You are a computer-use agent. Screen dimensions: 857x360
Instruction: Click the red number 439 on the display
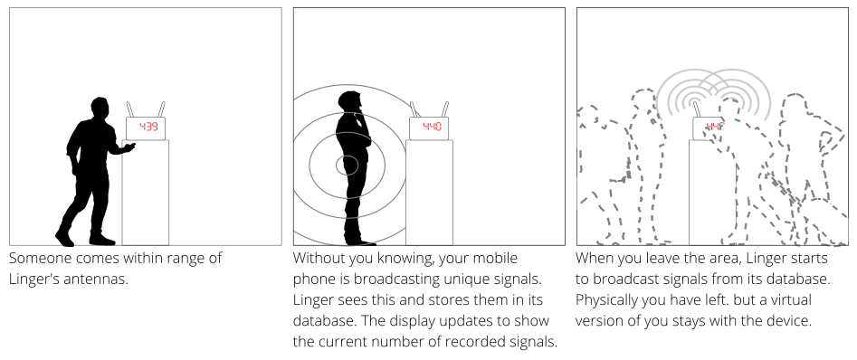point(148,127)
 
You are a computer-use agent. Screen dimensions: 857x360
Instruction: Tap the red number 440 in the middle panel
point(432,127)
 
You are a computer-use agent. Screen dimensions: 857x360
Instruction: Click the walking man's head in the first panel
point(100,108)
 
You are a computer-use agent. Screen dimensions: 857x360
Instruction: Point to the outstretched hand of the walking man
point(129,147)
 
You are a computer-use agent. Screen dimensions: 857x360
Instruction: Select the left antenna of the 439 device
point(130,109)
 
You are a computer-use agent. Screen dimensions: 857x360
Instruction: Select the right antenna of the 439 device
point(161,109)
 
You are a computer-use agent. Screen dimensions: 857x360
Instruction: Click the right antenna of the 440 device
point(445,109)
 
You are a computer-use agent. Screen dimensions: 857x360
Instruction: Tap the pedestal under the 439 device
point(146,193)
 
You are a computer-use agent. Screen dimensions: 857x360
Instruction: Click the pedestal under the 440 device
point(429,193)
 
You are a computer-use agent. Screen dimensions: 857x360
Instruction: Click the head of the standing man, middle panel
point(350,103)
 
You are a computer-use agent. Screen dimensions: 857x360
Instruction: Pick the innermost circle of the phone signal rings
point(348,165)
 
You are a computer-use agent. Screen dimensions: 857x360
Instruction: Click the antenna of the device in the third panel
point(697,109)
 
